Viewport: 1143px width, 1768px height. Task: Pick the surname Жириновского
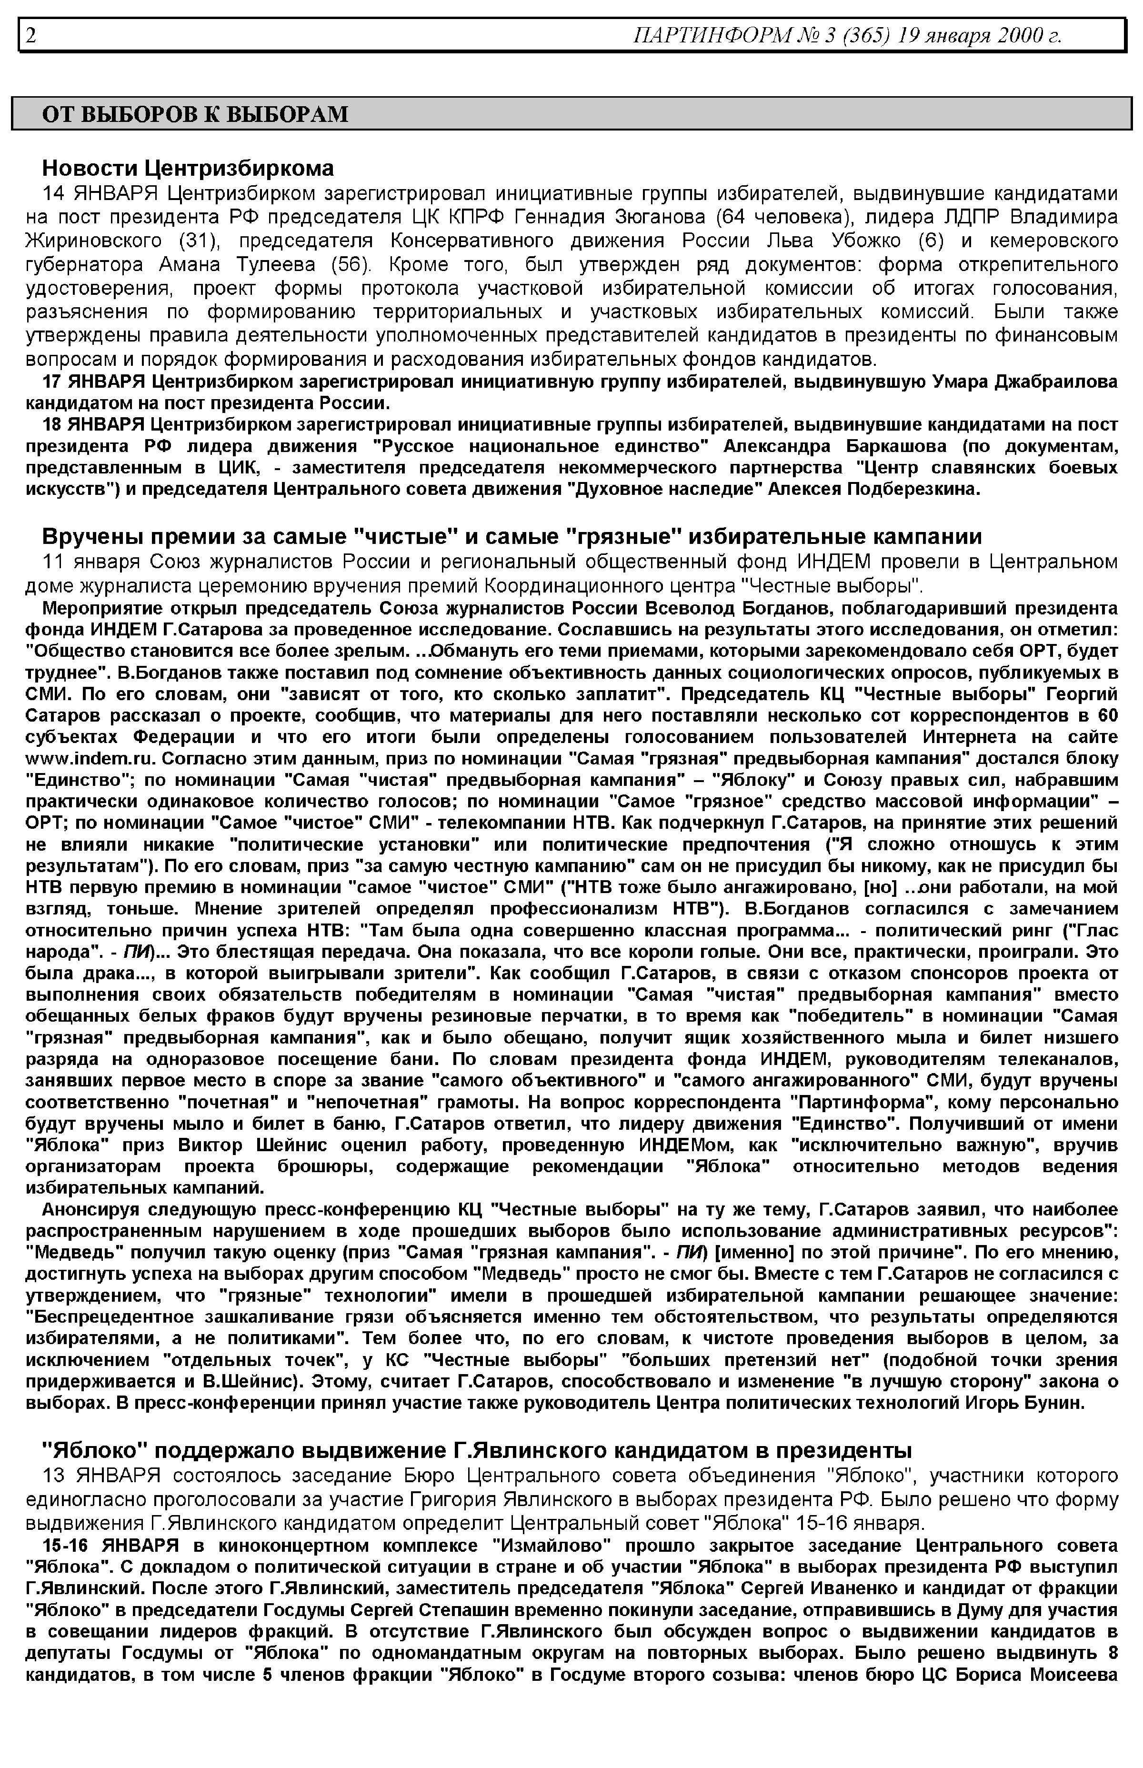point(93,241)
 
